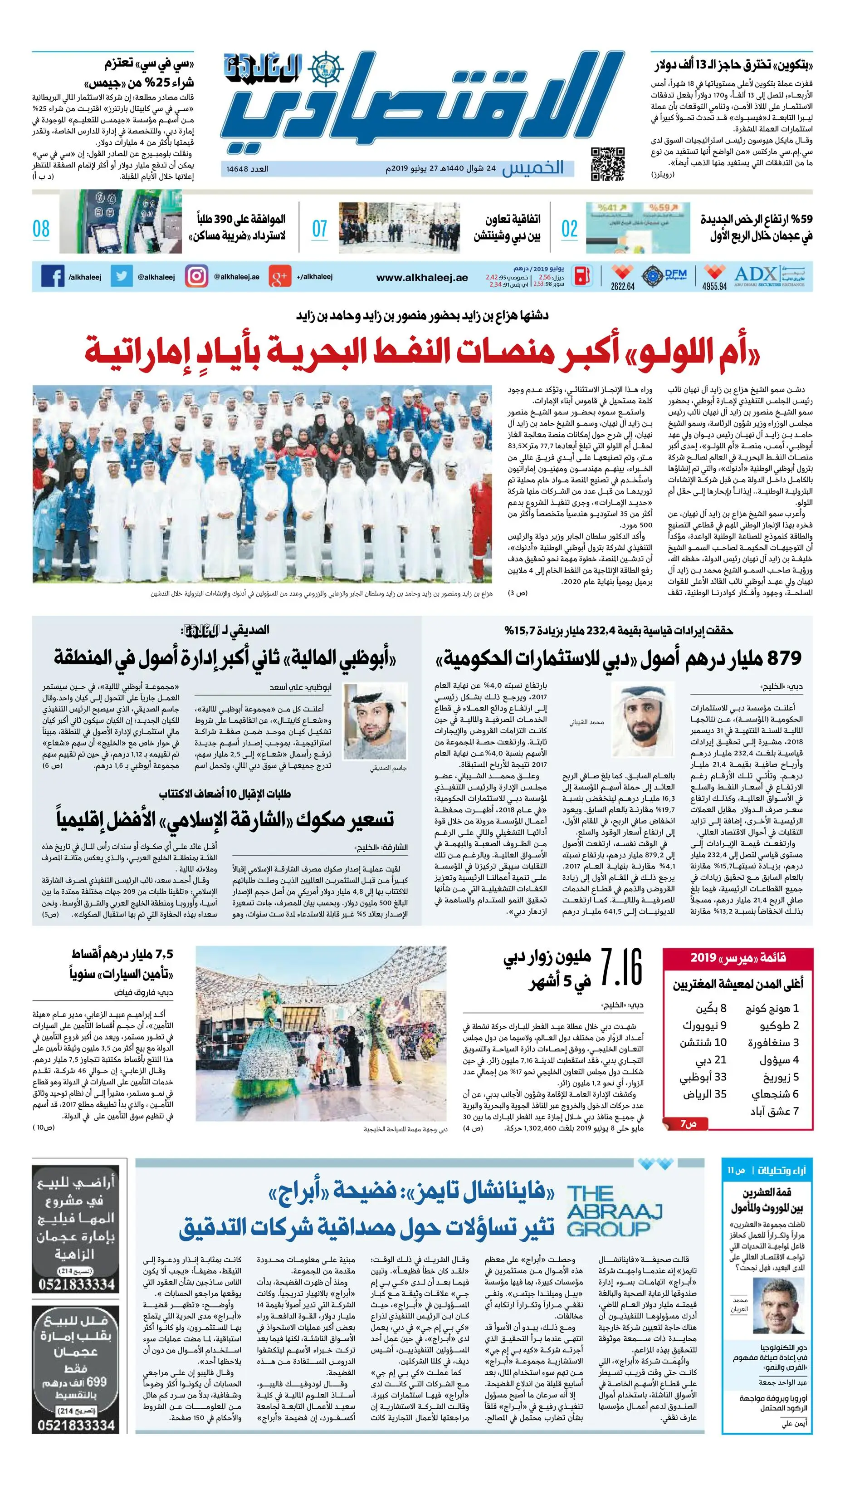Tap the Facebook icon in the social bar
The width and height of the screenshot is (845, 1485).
(x=53, y=277)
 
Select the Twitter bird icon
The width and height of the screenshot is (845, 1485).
(x=121, y=277)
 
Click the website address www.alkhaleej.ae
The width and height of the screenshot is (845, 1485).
(x=422, y=278)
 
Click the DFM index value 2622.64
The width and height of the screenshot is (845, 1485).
(x=622, y=286)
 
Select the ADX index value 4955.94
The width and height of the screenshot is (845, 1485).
(x=714, y=286)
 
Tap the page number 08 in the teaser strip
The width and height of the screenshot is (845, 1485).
(x=41, y=229)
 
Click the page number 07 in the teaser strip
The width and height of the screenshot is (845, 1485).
(x=320, y=229)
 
